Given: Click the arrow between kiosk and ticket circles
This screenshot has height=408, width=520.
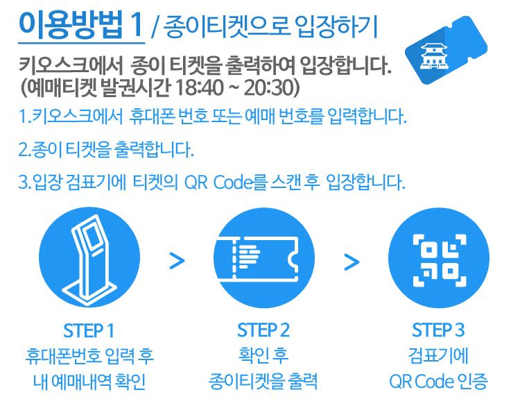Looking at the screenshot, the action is coord(177,261).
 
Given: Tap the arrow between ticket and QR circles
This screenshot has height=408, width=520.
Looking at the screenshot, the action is coord(352,261).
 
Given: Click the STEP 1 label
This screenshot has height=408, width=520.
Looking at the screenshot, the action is coord(88,329).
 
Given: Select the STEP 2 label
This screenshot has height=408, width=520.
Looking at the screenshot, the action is coord(263,329).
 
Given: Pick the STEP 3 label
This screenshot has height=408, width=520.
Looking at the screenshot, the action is coord(438,329).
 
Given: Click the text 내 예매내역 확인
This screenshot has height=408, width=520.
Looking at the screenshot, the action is coord(88,381).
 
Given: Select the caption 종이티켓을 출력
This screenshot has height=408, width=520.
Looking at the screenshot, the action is coord(263,381).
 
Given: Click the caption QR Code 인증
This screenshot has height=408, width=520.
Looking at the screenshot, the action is coord(438,381).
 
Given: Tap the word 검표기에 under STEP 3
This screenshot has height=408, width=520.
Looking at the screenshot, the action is coord(438,356).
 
